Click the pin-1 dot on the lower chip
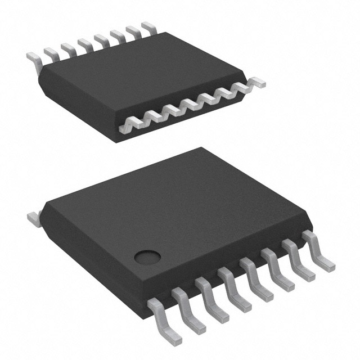coord(147,257)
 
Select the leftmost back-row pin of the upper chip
coord(34,58)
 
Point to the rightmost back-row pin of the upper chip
coord(148,27)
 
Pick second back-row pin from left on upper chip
coord(51,54)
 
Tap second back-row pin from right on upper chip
coord(133,31)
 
